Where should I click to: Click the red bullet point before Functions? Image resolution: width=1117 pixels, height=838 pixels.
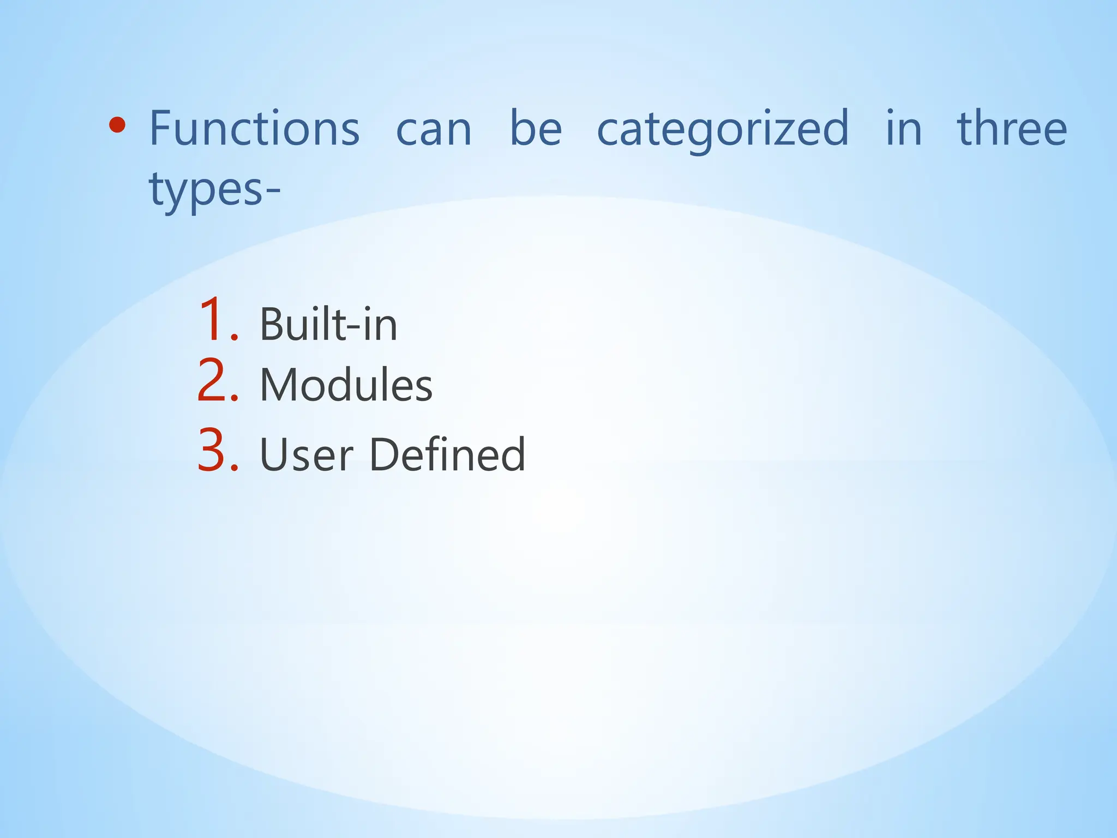pyautogui.click(x=117, y=126)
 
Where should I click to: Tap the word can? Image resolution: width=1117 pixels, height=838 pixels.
pyautogui.click(x=434, y=131)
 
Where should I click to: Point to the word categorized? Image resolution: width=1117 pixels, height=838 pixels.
pyautogui.click(x=723, y=131)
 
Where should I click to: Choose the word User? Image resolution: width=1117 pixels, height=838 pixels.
pyautogui.click(x=306, y=454)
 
